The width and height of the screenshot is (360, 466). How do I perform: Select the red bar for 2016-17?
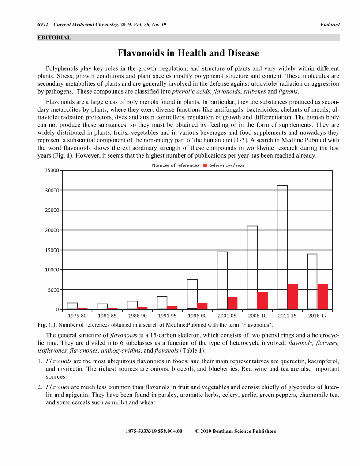(322, 297)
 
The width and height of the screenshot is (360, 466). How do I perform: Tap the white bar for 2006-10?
(252, 267)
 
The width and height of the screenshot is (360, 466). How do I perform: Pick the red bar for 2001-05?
(232, 303)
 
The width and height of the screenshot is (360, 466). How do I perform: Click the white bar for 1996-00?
(192, 294)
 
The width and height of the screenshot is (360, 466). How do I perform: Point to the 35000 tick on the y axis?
(52, 170)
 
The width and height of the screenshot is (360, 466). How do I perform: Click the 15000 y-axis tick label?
(52, 250)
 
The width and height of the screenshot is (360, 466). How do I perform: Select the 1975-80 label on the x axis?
(77, 316)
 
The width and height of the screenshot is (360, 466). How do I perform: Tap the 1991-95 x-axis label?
(167, 316)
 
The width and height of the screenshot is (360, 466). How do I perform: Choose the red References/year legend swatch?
(205, 165)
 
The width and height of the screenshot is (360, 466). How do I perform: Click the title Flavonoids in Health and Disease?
(188, 53)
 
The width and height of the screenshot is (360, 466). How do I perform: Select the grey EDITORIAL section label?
(54, 38)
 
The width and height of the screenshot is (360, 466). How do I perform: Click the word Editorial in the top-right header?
(330, 24)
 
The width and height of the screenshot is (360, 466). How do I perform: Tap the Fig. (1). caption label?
(47, 325)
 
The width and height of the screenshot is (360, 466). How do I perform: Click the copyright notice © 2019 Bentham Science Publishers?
(236, 431)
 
